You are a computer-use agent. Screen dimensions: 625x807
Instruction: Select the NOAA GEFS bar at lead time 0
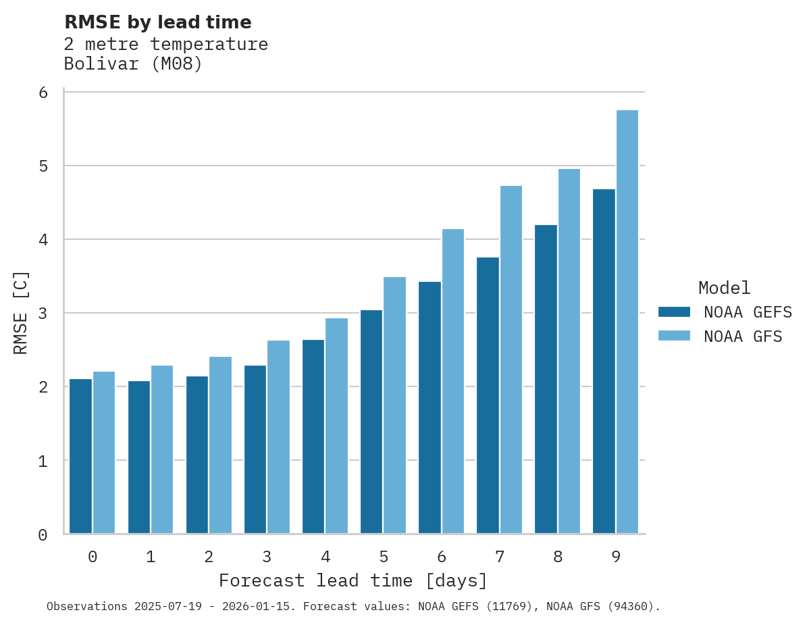tap(80, 456)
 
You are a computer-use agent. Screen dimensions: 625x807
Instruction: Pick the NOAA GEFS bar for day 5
tap(371, 422)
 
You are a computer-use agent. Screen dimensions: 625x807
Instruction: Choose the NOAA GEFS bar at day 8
tap(545, 379)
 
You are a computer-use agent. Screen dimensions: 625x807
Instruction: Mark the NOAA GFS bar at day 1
tap(162, 449)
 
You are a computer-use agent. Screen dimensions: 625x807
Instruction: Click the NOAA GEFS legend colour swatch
tap(674, 311)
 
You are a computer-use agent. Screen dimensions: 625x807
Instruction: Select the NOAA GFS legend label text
tap(743, 336)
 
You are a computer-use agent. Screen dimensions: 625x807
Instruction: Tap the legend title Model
tap(724, 288)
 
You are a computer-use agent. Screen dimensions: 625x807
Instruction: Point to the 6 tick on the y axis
tap(43, 93)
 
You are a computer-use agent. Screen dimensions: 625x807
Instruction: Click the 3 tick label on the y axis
tap(43, 314)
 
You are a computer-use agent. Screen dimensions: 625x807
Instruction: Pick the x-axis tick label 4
tap(325, 557)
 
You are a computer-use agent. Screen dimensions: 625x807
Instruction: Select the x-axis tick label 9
tap(615, 557)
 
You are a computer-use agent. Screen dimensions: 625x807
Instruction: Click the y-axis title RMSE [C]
tap(21, 312)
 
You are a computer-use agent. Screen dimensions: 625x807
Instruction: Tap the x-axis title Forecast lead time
tap(353, 580)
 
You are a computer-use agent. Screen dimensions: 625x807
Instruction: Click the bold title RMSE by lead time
tap(157, 22)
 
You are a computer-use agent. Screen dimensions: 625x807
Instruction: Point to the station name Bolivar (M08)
tap(133, 64)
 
